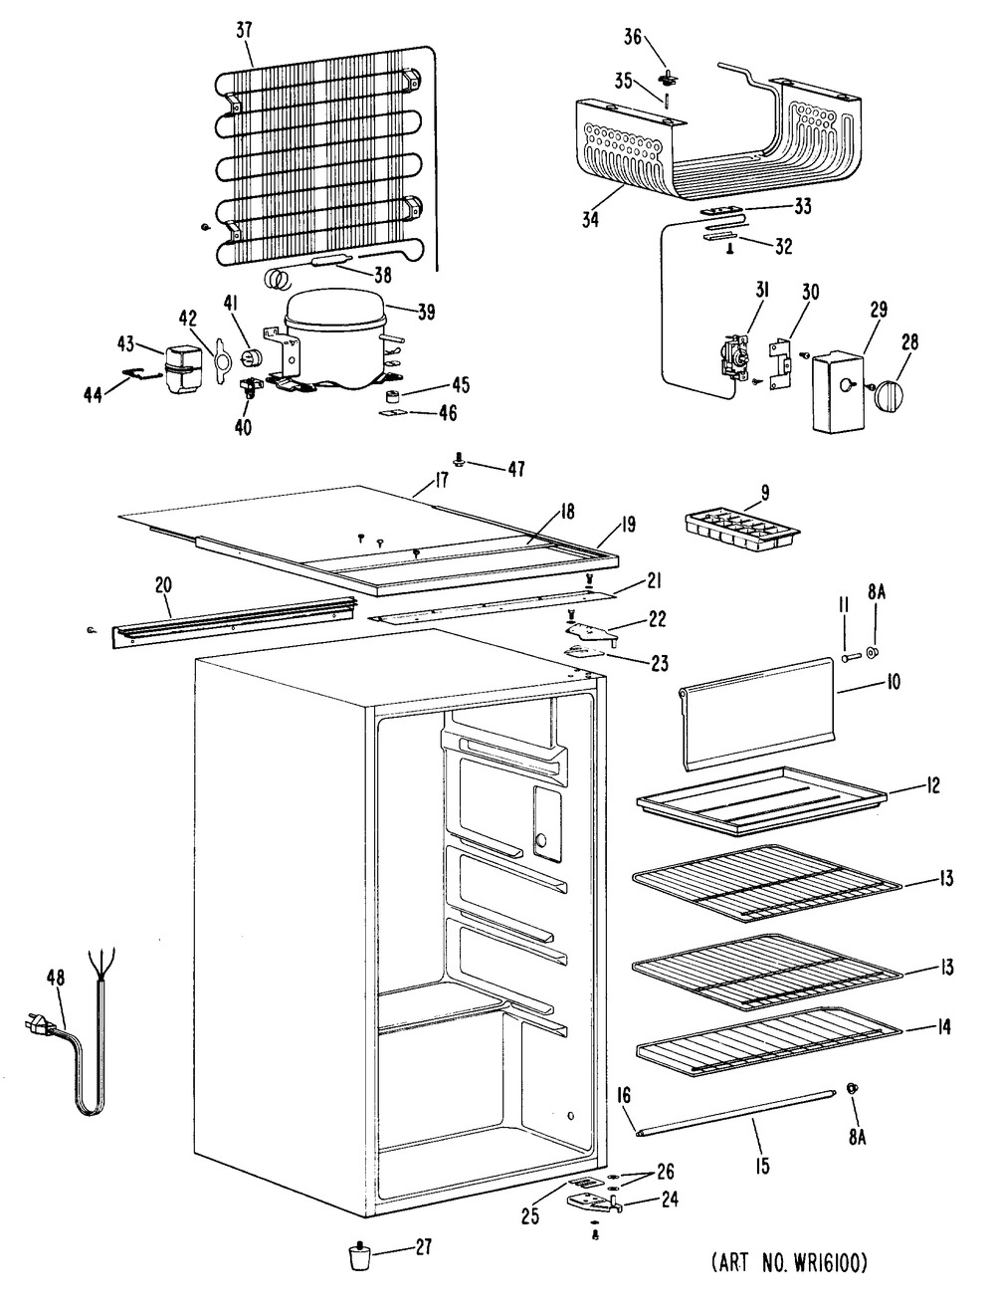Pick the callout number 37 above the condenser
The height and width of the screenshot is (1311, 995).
(244, 31)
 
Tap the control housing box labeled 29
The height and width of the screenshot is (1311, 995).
(836, 391)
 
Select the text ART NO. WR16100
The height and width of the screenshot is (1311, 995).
(790, 1264)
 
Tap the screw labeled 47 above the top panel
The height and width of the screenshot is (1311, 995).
(461, 461)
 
